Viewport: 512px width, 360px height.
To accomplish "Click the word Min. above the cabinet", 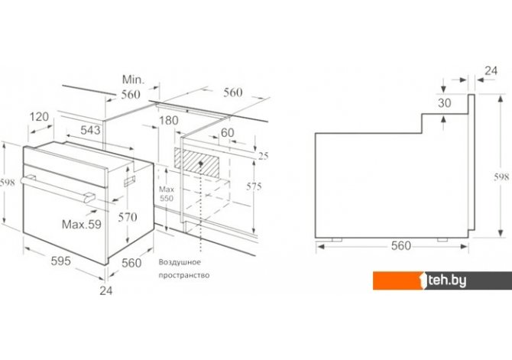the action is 133,79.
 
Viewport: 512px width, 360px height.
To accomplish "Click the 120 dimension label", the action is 39,117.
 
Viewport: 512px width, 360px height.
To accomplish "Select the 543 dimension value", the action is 90,130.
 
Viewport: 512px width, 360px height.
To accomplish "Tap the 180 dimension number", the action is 168,121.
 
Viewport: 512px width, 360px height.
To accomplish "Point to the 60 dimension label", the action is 227,133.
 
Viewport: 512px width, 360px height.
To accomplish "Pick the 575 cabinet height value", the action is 254,186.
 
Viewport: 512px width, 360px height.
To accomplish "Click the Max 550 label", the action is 167,193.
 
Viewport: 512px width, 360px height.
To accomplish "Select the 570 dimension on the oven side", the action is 128,217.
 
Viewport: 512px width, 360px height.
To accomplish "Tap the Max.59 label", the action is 82,224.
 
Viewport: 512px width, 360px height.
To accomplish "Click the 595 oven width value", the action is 60,261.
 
